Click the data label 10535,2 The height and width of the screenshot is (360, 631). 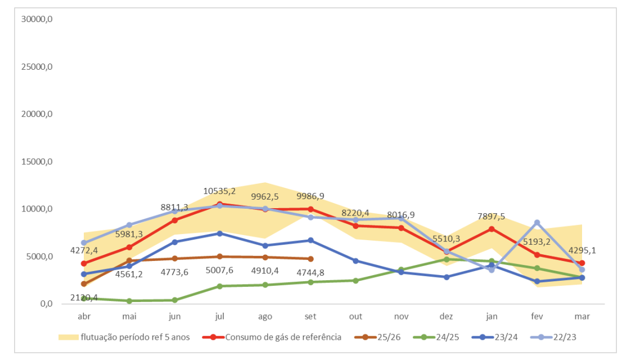click(x=220, y=191)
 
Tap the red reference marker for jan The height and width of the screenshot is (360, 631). click(x=492, y=229)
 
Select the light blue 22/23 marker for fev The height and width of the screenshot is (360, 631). click(x=537, y=223)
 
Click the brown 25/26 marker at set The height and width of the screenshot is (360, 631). click(x=310, y=259)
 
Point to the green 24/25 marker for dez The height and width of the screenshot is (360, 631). click(x=447, y=259)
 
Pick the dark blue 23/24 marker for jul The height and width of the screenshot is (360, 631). click(x=220, y=233)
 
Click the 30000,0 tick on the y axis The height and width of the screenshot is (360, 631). click(x=37, y=19)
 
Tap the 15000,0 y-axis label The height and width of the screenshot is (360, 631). click(x=37, y=162)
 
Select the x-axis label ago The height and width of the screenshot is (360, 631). click(x=265, y=317)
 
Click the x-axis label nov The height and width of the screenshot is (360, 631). click(x=401, y=317)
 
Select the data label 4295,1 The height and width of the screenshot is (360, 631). click(x=582, y=250)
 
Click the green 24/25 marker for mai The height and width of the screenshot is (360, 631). click(x=129, y=301)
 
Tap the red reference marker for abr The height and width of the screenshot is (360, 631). click(x=84, y=263)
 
